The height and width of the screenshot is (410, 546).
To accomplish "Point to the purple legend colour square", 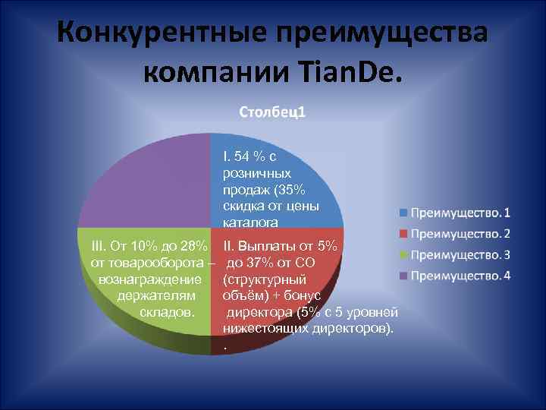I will click(x=404, y=275).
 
